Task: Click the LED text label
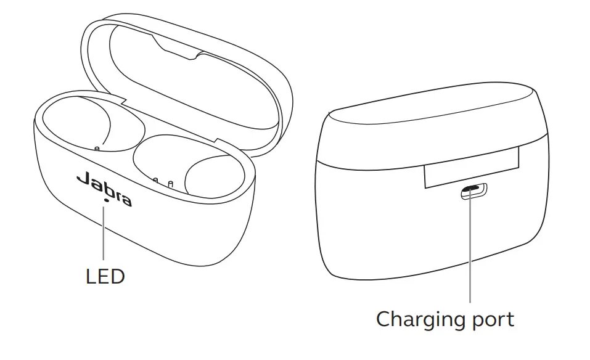click(105, 276)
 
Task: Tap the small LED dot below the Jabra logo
click(107, 200)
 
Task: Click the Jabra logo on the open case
click(104, 189)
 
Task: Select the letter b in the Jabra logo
click(104, 189)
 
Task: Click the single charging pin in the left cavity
click(97, 148)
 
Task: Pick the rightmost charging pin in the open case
click(170, 182)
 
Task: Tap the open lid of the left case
click(185, 68)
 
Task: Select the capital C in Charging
click(385, 319)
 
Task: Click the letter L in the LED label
click(91, 276)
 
